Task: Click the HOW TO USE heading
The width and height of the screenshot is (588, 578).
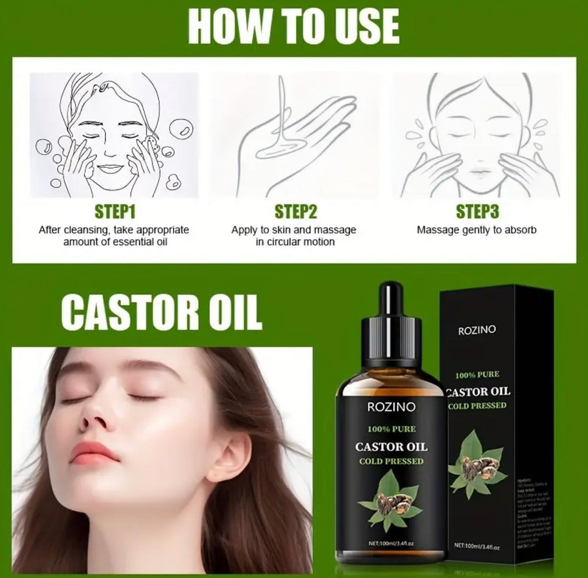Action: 293,26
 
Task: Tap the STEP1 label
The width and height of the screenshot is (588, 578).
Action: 114,212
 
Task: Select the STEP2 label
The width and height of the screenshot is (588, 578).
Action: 296,212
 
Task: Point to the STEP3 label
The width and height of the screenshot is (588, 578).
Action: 477,212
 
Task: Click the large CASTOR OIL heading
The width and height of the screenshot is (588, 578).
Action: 161,313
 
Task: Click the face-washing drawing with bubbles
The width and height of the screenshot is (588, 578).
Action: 113,135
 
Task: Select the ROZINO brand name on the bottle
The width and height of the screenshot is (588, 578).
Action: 390,407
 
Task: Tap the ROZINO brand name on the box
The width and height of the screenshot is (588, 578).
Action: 477,330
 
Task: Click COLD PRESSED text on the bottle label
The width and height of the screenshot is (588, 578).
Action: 391,461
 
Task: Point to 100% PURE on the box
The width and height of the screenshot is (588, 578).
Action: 477,375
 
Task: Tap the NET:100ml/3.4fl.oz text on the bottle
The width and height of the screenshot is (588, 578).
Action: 390,544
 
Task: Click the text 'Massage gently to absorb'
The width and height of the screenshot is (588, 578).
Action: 477,230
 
